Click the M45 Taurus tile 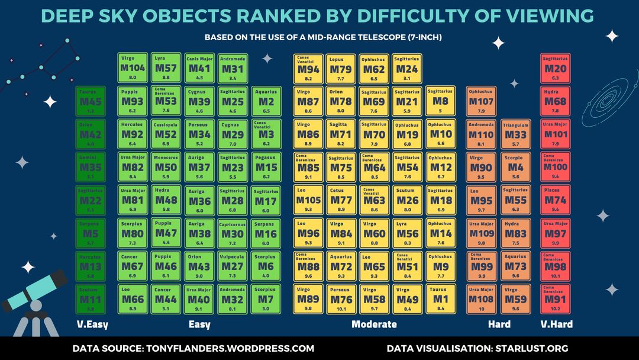91,102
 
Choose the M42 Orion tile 91,134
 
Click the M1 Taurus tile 440,299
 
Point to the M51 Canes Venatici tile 407,266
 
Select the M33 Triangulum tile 514,134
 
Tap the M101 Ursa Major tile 555,134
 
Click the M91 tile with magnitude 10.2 555,299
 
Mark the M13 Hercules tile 91,266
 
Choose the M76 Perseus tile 341,299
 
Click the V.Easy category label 93,324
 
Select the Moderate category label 374,324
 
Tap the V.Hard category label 556,324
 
